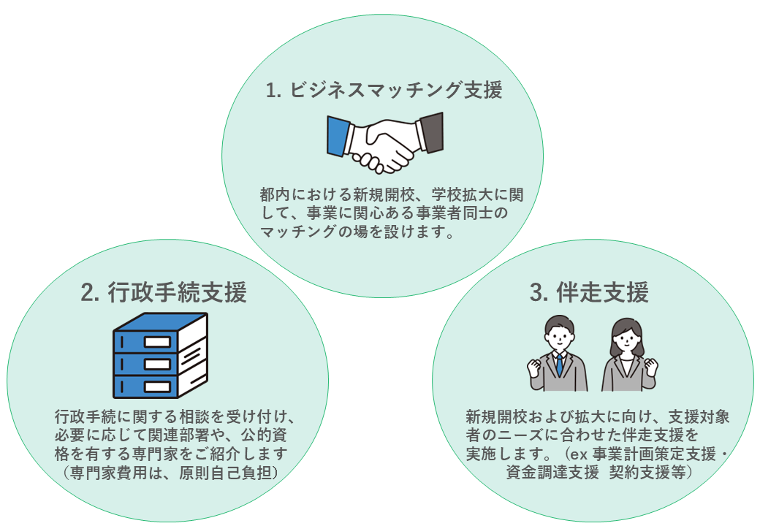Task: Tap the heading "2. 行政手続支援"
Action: pyautogui.click(x=164, y=292)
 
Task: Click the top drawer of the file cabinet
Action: pyautogui.click(x=147, y=341)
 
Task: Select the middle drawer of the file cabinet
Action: pyautogui.click(x=147, y=362)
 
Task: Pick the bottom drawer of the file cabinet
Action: pyautogui.click(x=147, y=384)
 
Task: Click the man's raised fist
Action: pyautogui.click(x=534, y=365)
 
